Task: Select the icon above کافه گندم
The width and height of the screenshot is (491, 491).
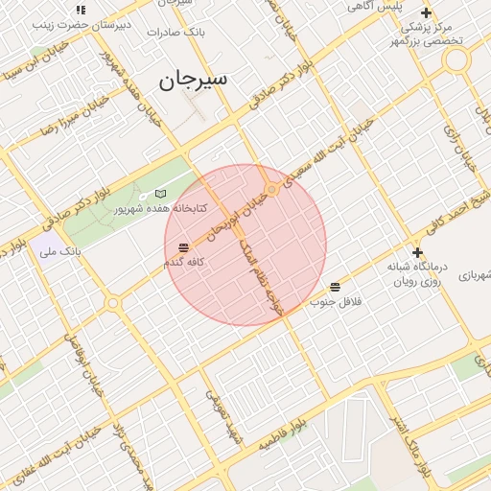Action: (182, 247)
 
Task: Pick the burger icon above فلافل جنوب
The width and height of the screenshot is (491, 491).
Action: (335, 287)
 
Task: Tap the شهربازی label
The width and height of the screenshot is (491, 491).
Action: (476, 276)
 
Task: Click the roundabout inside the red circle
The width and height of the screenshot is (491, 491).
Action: (272, 189)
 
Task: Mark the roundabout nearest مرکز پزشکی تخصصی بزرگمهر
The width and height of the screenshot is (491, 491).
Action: (456, 60)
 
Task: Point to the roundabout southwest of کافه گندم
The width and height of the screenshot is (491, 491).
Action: (112, 303)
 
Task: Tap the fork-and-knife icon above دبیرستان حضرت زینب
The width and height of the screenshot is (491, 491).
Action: (81, 10)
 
